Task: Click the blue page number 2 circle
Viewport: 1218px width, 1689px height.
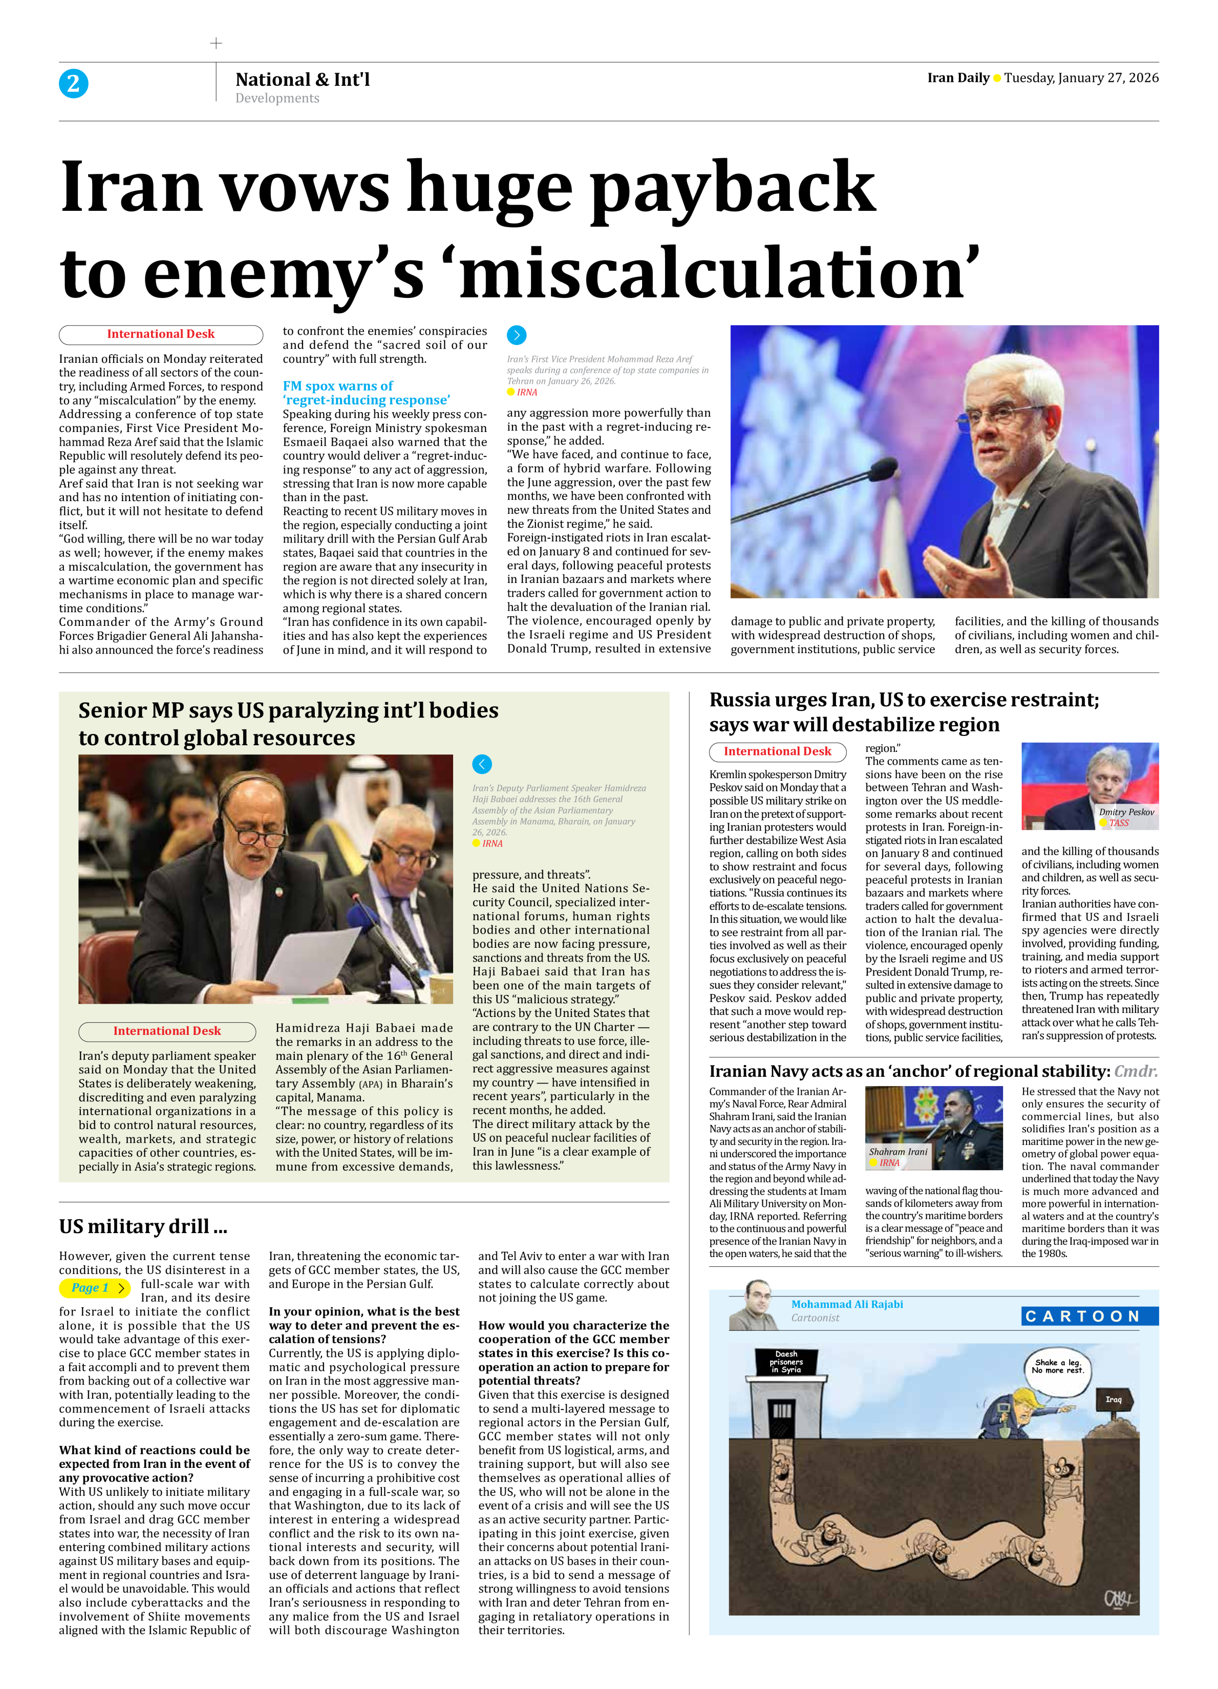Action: pyautogui.click(x=73, y=83)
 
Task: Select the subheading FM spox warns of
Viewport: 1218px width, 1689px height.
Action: pyautogui.click(x=338, y=386)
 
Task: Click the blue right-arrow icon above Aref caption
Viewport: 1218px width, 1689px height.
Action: pyautogui.click(x=516, y=335)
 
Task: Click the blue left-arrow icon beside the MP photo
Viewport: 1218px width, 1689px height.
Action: pyautogui.click(x=482, y=764)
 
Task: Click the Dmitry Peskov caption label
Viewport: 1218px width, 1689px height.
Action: pyautogui.click(x=1125, y=812)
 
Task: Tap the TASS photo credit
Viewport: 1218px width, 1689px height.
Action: pyautogui.click(x=1118, y=823)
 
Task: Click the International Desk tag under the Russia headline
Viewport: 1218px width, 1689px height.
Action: pyautogui.click(x=777, y=751)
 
